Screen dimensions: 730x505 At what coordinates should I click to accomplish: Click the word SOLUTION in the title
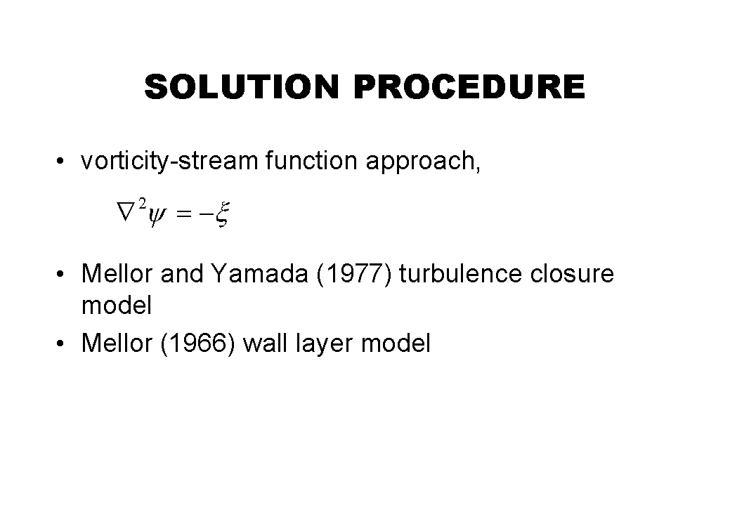(x=241, y=86)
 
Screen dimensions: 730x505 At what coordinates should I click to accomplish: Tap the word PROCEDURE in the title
(x=469, y=86)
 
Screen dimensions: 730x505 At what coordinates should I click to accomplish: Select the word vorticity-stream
(x=169, y=161)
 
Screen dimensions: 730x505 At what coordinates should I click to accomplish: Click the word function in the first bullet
(x=311, y=161)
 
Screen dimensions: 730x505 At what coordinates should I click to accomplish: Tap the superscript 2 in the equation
(x=143, y=203)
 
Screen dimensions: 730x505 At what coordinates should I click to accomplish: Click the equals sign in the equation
(x=184, y=214)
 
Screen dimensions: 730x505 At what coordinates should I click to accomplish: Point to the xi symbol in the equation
(x=223, y=214)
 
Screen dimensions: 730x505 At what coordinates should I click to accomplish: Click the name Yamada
(x=259, y=273)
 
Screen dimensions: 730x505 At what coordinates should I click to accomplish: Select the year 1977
(x=354, y=273)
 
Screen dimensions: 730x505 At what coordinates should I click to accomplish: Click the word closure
(x=572, y=273)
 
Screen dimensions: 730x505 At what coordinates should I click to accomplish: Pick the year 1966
(x=198, y=343)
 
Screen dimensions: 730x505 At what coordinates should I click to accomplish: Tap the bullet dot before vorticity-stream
(x=60, y=162)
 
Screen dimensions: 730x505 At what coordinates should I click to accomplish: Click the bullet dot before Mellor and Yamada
(x=60, y=274)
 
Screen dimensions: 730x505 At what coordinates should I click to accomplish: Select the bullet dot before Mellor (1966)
(x=60, y=344)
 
